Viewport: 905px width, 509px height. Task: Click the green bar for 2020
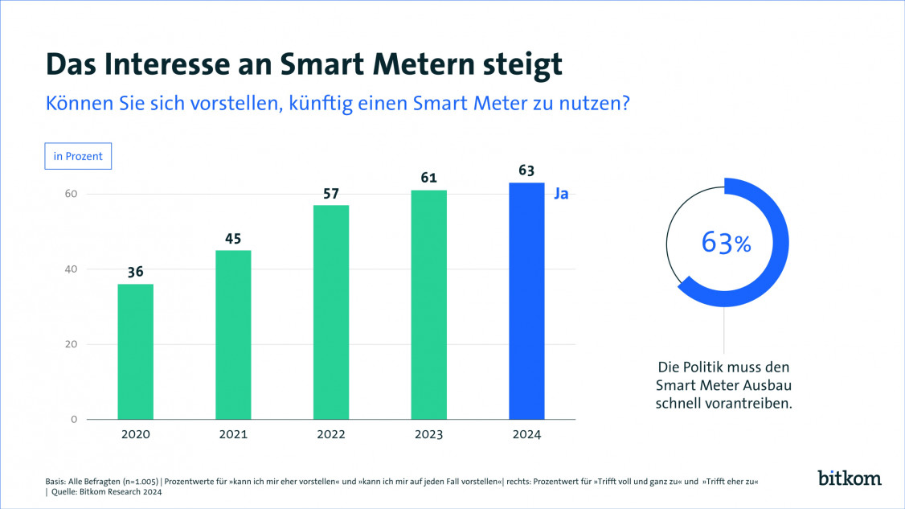pyautogui.click(x=135, y=351)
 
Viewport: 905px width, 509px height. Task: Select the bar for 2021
pyautogui.click(x=233, y=335)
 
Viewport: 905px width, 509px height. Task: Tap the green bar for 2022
pyautogui.click(x=331, y=312)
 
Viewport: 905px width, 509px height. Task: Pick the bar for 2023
pyautogui.click(x=428, y=305)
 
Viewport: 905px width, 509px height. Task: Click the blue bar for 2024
pyautogui.click(x=526, y=301)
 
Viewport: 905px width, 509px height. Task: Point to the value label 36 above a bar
pyautogui.click(x=135, y=272)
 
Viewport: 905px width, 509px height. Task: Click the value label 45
pyautogui.click(x=233, y=238)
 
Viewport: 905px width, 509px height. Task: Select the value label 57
pyautogui.click(x=331, y=193)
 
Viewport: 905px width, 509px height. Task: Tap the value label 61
pyautogui.click(x=428, y=178)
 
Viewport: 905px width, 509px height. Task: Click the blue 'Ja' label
pyautogui.click(x=561, y=194)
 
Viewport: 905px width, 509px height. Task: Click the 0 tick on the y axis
pyautogui.click(x=73, y=420)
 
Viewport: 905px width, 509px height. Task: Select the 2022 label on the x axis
pyautogui.click(x=331, y=434)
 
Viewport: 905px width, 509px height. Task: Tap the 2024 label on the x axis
pyautogui.click(x=526, y=434)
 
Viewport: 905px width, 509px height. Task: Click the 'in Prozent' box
pyautogui.click(x=78, y=156)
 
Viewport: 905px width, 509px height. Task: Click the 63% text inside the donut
pyautogui.click(x=726, y=242)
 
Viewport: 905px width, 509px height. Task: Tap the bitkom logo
pyautogui.click(x=850, y=478)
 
